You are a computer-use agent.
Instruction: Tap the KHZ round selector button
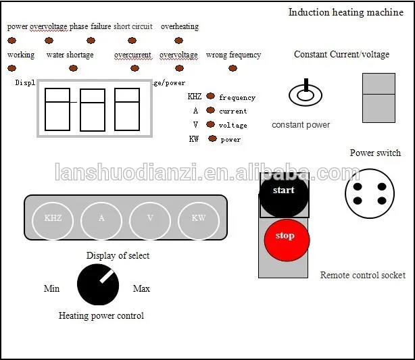click(x=53, y=218)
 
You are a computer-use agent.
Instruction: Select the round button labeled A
click(x=101, y=218)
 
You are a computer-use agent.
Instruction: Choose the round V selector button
click(x=149, y=218)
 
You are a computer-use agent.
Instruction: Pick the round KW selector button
click(x=199, y=218)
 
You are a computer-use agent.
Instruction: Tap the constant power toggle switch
click(x=306, y=95)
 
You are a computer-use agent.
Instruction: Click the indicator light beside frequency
click(x=210, y=97)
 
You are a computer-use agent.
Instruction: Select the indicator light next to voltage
click(x=211, y=124)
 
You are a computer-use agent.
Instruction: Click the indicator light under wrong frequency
click(x=233, y=68)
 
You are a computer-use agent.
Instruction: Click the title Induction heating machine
click(x=345, y=12)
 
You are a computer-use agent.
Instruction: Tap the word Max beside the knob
click(x=141, y=289)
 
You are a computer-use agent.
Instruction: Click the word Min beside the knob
click(x=51, y=289)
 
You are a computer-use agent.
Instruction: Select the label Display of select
click(x=118, y=255)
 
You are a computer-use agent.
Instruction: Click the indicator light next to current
click(x=211, y=110)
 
